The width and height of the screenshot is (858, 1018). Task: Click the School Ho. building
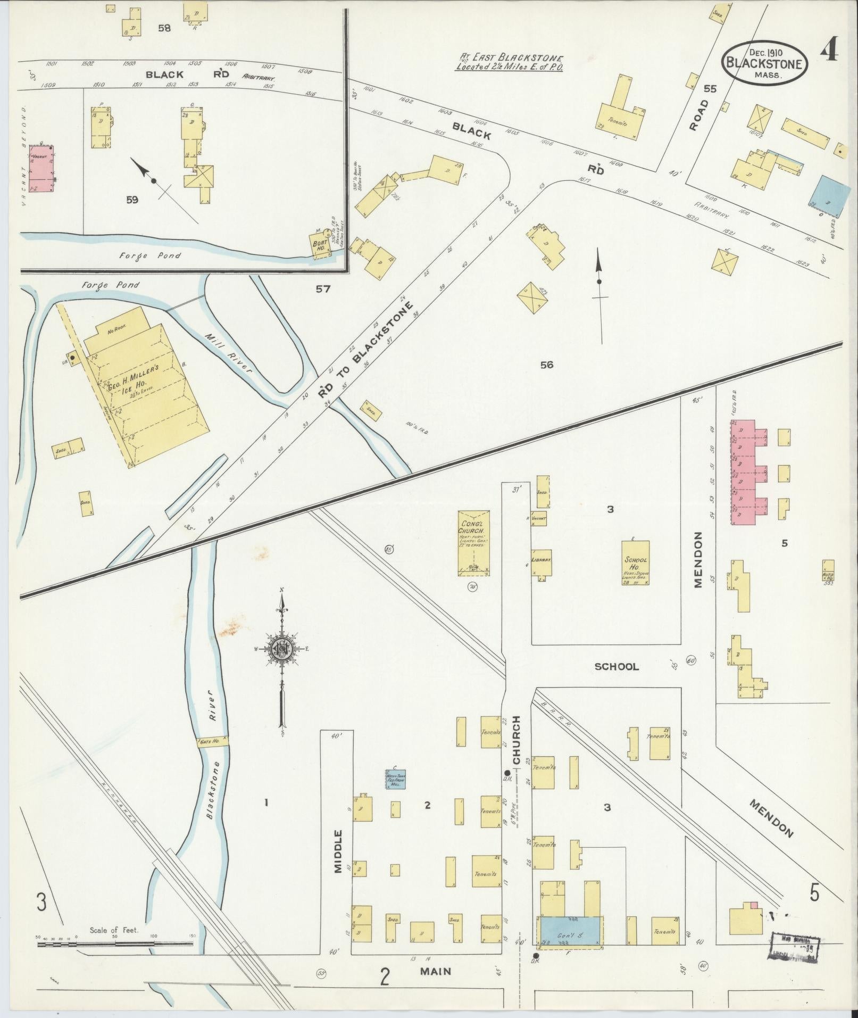[635, 563]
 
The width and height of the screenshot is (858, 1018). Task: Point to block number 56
[546, 365]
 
